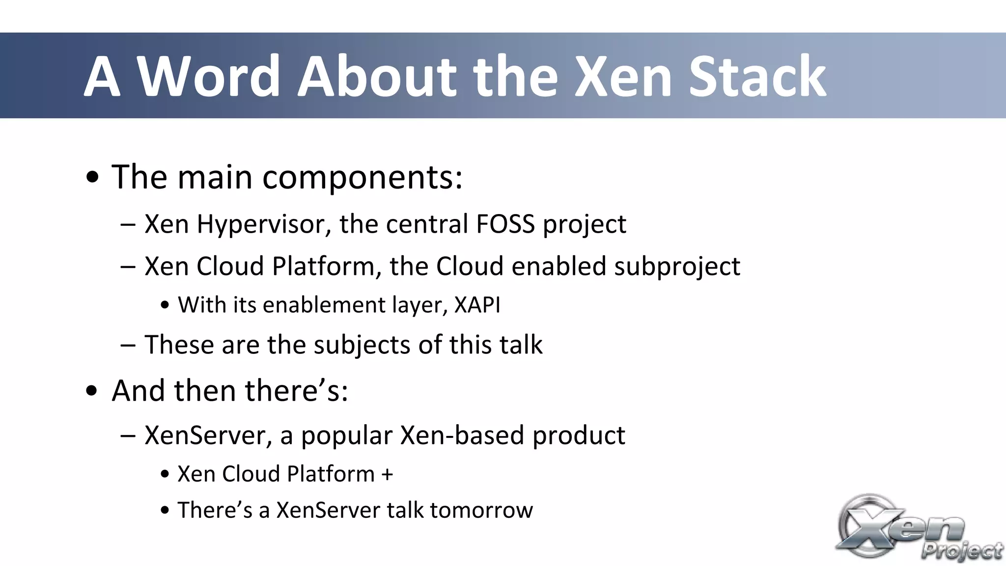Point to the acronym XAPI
pos(477,305)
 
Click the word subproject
pos(676,267)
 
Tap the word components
pos(362,177)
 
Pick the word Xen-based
pos(462,435)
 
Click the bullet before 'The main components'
pos(92,178)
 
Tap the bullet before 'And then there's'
pos(92,392)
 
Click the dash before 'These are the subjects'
pos(128,345)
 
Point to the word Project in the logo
pos(962,550)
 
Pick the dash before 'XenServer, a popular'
pos(128,435)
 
